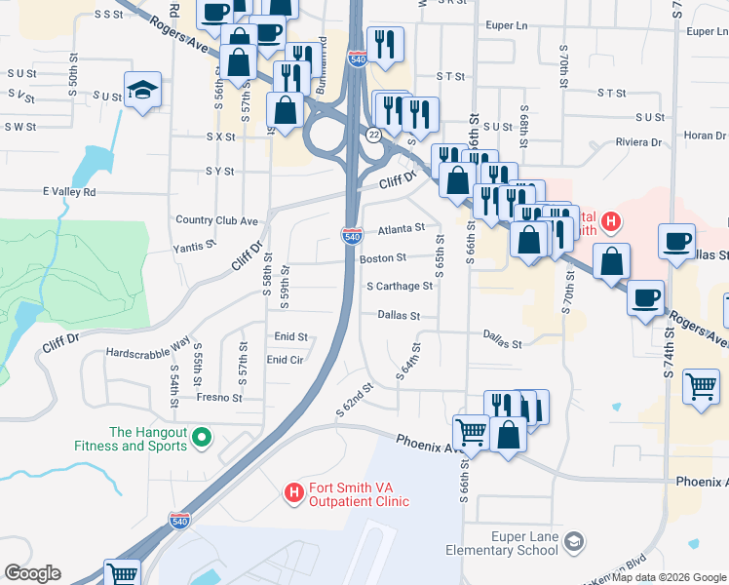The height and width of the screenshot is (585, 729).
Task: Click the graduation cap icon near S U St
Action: (143, 90)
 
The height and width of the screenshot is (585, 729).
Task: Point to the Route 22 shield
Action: (374, 133)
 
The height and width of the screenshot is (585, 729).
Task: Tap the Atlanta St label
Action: (402, 228)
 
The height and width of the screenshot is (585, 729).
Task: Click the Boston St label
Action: (383, 258)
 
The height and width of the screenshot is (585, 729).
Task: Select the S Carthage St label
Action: (400, 287)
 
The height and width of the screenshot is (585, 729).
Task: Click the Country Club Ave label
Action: (216, 220)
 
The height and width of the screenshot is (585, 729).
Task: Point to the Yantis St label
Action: (194, 248)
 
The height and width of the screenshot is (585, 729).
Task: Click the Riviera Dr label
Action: (638, 142)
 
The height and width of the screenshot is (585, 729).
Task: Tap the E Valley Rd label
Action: (69, 192)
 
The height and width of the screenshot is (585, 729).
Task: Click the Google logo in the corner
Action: (32, 573)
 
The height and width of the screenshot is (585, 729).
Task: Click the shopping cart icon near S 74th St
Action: (701, 387)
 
